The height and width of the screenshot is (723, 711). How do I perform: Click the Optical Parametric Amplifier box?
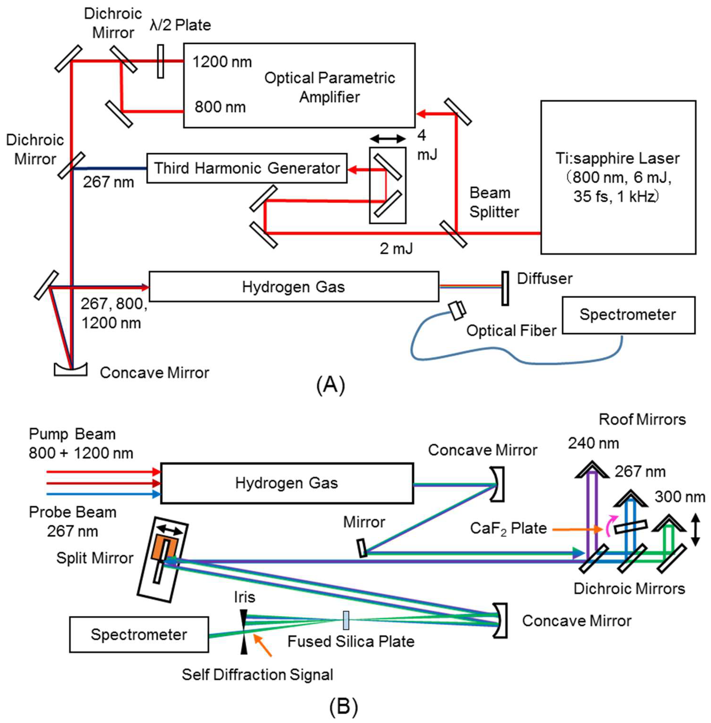[x=299, y=85]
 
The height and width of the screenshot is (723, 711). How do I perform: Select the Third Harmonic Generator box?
[x=246, y=168]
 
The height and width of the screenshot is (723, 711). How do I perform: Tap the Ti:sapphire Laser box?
[x=618, y=177]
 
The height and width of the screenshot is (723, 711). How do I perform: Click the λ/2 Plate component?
[x=160, y=61]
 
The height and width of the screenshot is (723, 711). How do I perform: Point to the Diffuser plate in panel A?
[x=505, y=288]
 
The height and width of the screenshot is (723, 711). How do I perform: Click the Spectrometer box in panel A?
[x=628, y=315]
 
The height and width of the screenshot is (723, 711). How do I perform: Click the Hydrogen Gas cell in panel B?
[x=287, y=483]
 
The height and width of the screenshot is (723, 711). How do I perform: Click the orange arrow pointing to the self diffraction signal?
[x=263, y=646]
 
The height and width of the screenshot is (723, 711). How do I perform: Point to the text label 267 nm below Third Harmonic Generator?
[x=108, y=182]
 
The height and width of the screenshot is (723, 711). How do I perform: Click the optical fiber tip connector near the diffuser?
[x=458, y=310]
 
